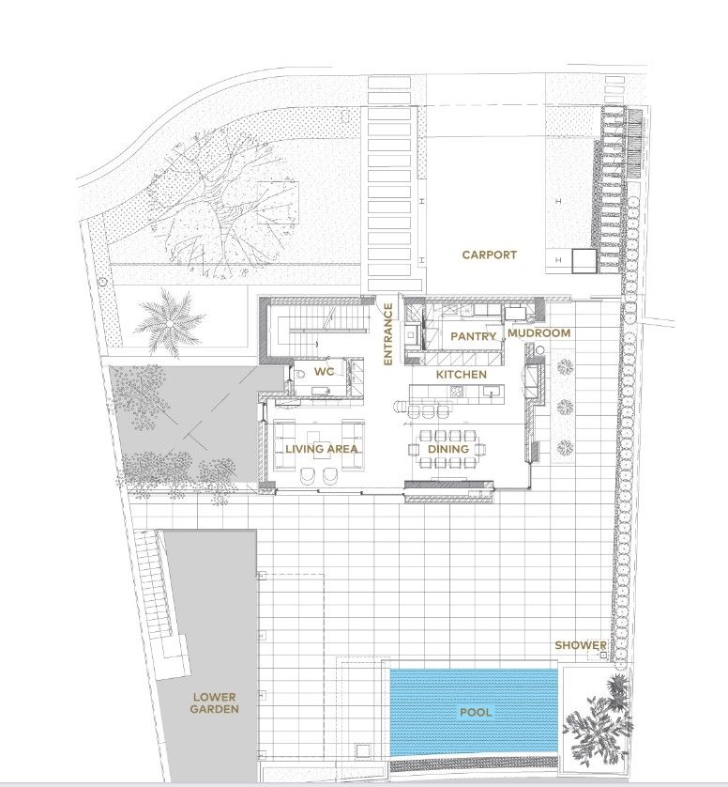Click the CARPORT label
coord(489,255)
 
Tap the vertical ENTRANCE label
coord(387,333)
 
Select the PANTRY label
coord(474,336)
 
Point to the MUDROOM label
coord(539,332)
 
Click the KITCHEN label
coord(462,375)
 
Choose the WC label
coord(324,372)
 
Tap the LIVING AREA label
coord(322,449)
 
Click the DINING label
coord(448,449)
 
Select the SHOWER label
coord(581,645)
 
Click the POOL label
coord(476,712)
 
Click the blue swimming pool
coord(474,711)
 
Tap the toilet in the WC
coord(300,374)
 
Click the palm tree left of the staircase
coord(170,324)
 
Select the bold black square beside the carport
coord(584,261)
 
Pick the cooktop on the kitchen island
coord(457,393)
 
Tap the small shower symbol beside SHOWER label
coord(602,655)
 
